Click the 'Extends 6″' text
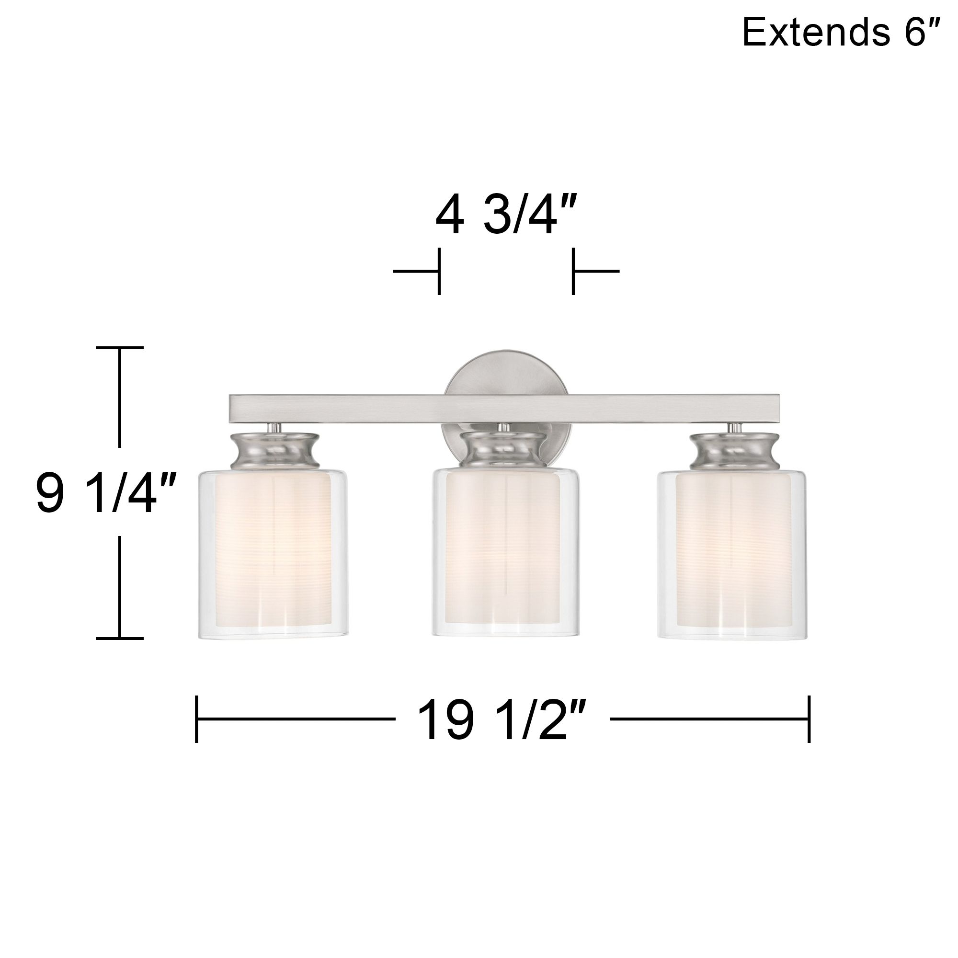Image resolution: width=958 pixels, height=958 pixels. click(x=841, y=32)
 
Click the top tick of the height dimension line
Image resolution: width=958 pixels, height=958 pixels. click(x=119, y=348)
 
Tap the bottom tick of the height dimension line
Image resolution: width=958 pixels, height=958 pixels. click(x=119, y=638)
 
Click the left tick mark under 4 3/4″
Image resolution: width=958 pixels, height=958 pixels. click(x=439, y=271)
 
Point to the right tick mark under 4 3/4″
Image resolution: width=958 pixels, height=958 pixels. click(x=573, y=271)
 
